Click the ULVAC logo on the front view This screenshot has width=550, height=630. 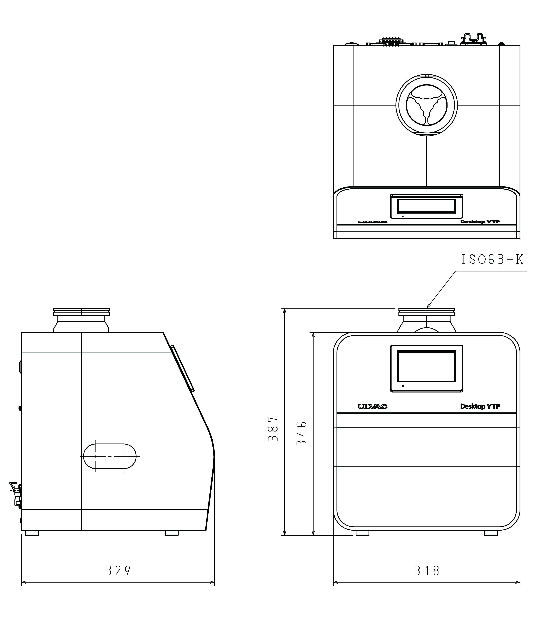372,406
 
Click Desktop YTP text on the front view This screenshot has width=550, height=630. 480,406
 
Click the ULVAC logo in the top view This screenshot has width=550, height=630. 372,222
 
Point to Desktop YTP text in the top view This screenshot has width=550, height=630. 480,222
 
